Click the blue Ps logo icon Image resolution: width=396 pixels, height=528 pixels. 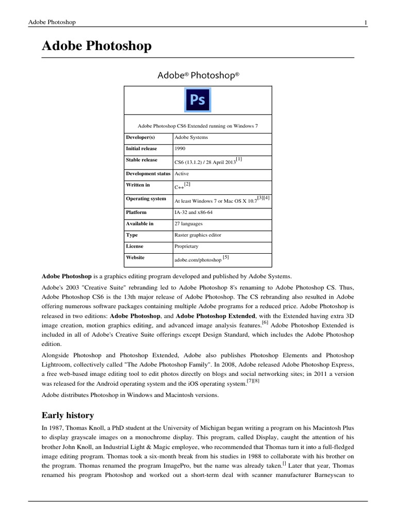(x=197, y=100)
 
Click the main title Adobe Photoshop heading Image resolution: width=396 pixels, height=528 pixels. (x=96, y=46)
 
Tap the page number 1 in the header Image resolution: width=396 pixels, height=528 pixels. (x=365, y=22)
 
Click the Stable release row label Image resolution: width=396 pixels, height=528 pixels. (x=142, y=160)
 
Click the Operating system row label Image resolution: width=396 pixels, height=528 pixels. (x=146, y=199)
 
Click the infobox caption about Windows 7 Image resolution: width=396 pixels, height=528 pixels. (x=197, y=125)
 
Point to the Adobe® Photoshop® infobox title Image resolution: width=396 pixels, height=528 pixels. (x=198, y=75)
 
